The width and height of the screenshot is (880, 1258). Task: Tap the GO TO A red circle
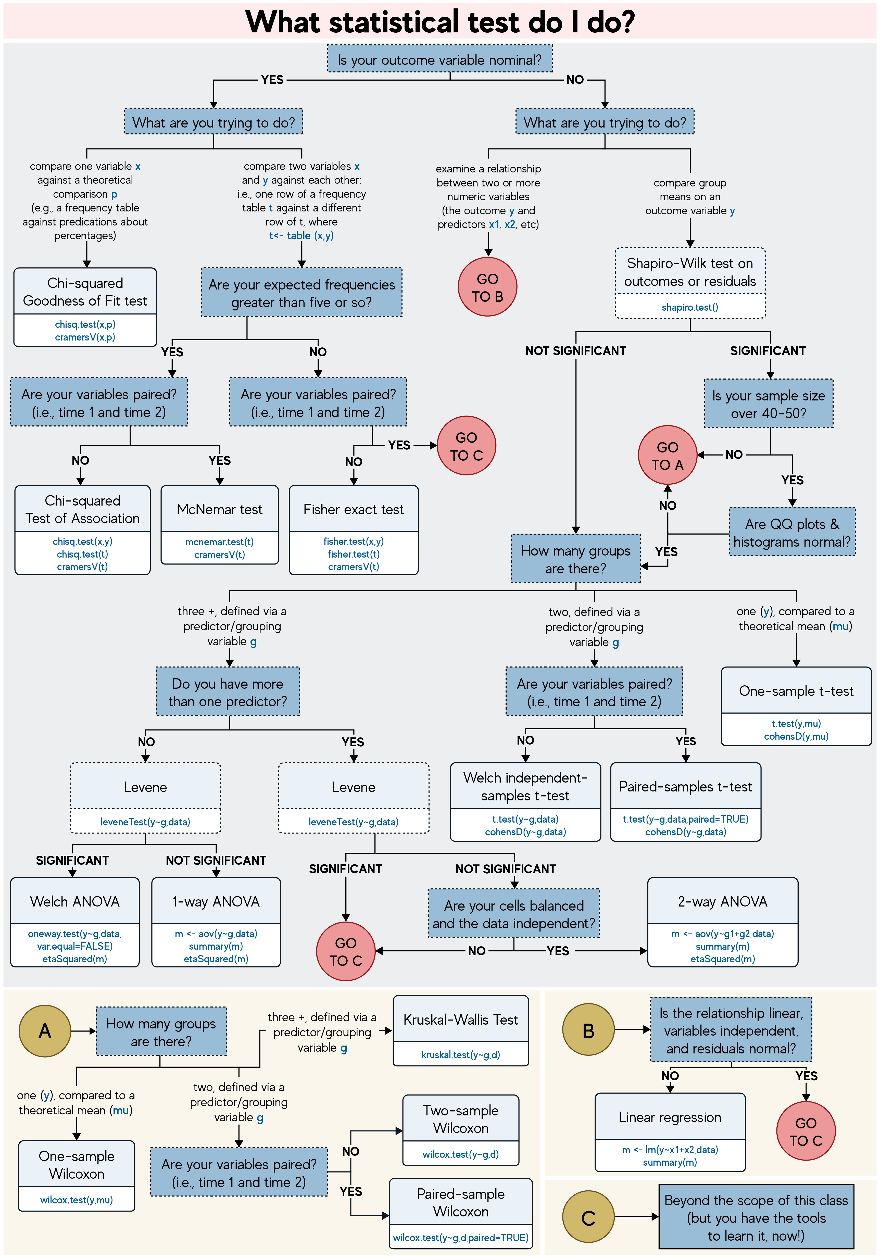pos(668,455)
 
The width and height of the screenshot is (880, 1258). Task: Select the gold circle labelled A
pos(45,1031)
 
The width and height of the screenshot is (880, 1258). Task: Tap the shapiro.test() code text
pos(690,307)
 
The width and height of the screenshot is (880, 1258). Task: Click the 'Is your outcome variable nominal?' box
pos(439,60)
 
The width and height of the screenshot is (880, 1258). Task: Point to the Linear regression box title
pos(670,1117)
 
